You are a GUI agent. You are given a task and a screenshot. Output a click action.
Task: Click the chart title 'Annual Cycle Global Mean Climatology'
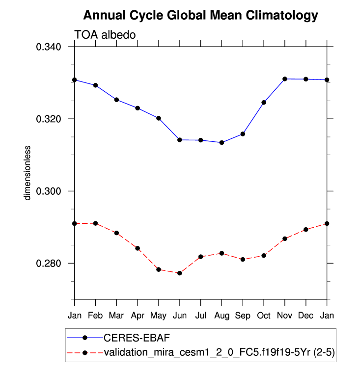(x=200, y=16)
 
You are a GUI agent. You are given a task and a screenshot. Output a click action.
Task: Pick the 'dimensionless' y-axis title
(x=28, y=172)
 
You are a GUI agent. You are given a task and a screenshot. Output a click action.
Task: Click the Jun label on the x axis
(x=179, y=315)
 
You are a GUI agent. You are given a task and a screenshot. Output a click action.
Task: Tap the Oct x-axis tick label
(x=264, y=315)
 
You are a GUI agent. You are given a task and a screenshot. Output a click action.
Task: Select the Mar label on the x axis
(x=116, y=315)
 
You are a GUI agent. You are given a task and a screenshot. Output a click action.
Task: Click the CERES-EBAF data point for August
(x=222, y=143)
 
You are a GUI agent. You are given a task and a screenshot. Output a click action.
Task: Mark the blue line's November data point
(x=285, y=79)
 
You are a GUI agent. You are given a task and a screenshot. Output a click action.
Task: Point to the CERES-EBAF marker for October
(x=264, y=103)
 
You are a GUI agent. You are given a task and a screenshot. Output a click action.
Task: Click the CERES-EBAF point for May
(x=159, y=118)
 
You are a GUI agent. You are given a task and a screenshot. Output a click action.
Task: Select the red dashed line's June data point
(x=179, y=273)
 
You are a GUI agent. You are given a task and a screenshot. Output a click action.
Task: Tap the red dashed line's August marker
(x=222, y=253)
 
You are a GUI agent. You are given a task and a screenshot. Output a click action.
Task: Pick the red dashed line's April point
(x=138, y=248)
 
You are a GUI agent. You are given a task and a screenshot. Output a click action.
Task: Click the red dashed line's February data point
(x=95, y=223)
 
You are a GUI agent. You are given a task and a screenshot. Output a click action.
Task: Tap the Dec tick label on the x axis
(x=305, y=315)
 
